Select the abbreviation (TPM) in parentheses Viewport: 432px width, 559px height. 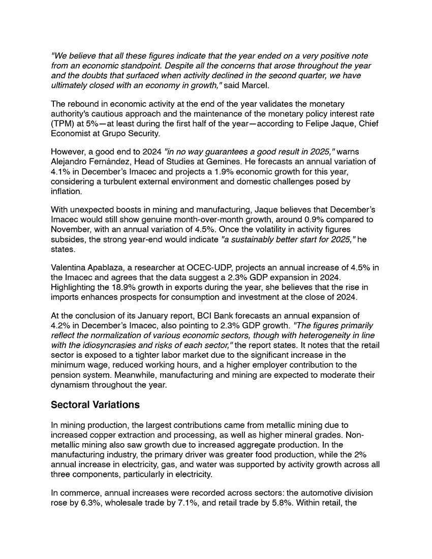pyautogui.click(x=63, y=124)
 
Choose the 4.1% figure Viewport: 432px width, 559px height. pyautogui.click(x=60, y=171)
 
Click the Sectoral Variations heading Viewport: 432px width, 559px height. pyautogui.click(x=96, y=405)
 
